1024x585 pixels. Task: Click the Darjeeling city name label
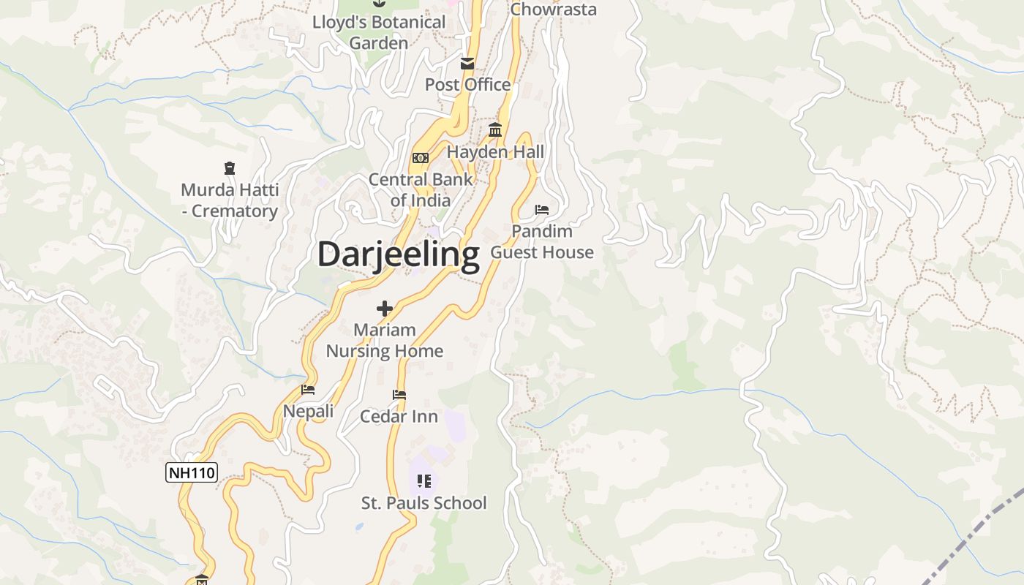pos(398,254)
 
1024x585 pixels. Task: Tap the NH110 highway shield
pos(192,472)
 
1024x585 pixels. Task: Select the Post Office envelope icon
pos(467,64)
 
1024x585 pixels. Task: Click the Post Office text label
pos(468,85)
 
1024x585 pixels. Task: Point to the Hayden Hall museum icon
pos(495,130)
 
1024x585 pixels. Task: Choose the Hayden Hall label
pos(495,152)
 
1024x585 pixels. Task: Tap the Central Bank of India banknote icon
pos(420,158)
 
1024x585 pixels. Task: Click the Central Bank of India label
pos(420,189)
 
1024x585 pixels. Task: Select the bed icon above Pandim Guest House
pos(542,210)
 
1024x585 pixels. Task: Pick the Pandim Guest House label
pos(542,242)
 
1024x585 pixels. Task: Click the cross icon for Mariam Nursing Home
pos(385,309)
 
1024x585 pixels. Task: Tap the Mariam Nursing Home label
pos(385,341)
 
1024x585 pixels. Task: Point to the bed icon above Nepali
pos(308,390)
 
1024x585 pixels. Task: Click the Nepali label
pos(308,411)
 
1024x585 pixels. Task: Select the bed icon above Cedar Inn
pos(399,395)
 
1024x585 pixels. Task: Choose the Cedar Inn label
pos(399,417)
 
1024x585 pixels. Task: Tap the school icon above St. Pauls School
pos(424,481)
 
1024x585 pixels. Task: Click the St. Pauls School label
pos(424,503)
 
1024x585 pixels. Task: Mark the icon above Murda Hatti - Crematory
pos(230,168)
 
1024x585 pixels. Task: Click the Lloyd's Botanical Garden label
pos(379,32)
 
